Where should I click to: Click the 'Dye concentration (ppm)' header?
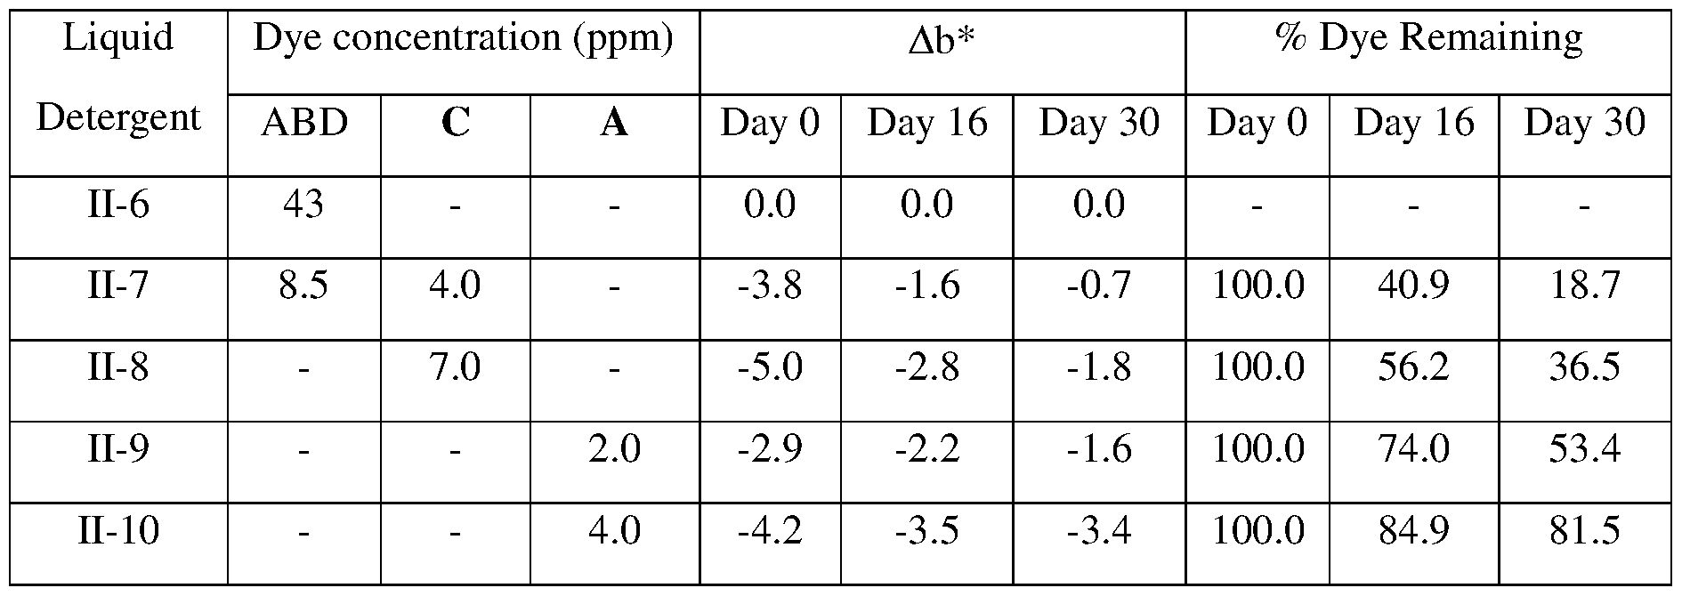pyautogui.click(x=463, y=39)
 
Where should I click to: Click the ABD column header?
pyautogui.click(x=303, y=124)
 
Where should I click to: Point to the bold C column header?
pyautogui.click(x=455, y=124)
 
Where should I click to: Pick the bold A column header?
pyautogui.click(x=614, y=124)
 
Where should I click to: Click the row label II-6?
pyautogui.click(x=117, y=205)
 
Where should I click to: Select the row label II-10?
pyautogui.click(x=117, y=532)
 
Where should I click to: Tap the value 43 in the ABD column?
pyautogui.click(x=303, y=205)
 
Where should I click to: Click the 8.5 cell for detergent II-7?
pyautogui.click(x=303, y=286)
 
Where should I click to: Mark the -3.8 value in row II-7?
pyautogui.click(x=770, y=286)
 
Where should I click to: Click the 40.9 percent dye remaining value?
pyautogui.click(x=1413, y=286)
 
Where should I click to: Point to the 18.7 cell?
pyautogui.click(x=1584, y=286)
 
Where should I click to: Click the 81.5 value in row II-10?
pyautogui.click(x=1584, y=532)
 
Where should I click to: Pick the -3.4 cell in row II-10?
pyautogui.click(x=1099, y=532)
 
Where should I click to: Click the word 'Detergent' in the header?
pyautogui.click(x=117, y=118)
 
